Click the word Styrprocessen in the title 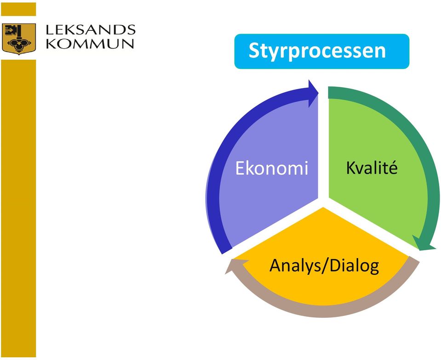click(317, 51)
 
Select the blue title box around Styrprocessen click(322, 51)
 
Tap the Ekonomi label click(272, 168)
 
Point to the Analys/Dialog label click(324, 266)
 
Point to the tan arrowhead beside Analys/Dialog click(236, 266)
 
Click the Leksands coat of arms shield click(19, 39)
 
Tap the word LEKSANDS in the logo click(91, 30)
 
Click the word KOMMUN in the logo click(90, 44)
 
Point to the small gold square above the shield click(18, 9)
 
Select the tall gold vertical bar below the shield click(18, 208)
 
